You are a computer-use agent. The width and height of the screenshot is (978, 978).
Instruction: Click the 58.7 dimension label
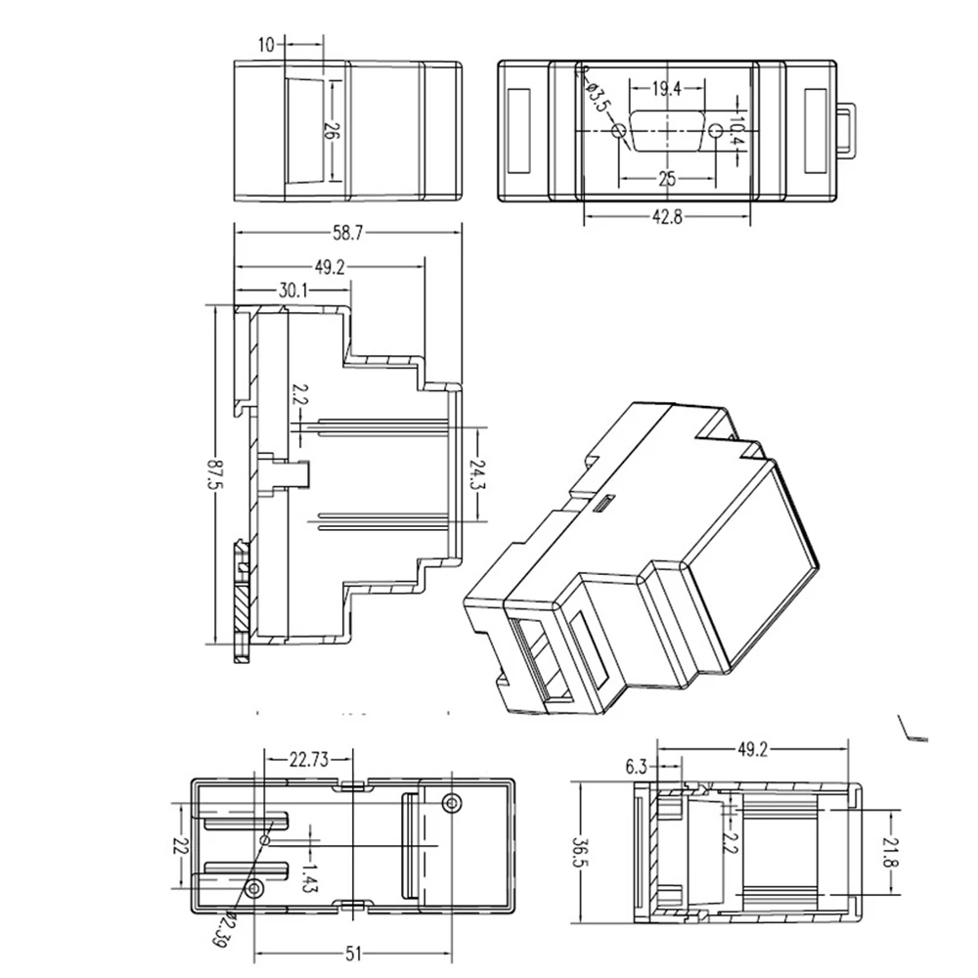click(347, 234)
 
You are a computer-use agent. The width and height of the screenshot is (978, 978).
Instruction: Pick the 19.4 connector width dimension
click(667, 89)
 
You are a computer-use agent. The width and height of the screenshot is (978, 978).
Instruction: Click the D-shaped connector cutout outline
click(667, 132)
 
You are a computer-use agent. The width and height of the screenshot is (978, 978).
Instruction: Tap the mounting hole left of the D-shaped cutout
click(620, 131)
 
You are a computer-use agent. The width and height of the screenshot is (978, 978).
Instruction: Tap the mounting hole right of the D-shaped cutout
click(717, 131)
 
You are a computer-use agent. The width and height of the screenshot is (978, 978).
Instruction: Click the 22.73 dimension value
click(309, 760)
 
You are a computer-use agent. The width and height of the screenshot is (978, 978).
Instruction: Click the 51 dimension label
click(354, 954)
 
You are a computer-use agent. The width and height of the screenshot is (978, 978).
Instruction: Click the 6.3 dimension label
click(637, 767)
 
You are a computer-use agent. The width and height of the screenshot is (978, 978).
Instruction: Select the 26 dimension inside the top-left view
click(332, 131)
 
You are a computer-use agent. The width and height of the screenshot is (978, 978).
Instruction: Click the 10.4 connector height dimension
click(737, 132)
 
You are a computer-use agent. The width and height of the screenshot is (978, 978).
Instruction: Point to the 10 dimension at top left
click(266, 45)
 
